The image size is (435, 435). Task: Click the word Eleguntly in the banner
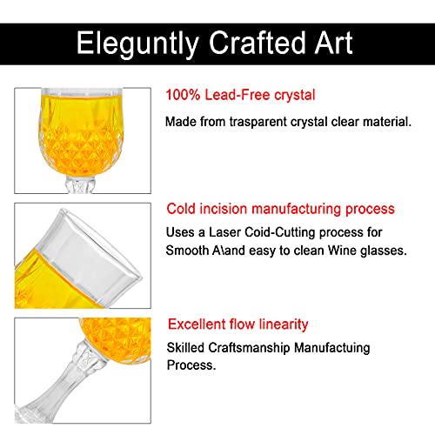[137, 43]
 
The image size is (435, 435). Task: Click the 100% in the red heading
[183, 95]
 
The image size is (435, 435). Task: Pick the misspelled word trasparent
[258, 122]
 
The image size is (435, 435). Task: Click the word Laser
[224, 232]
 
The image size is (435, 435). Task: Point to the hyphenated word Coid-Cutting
[280, 232]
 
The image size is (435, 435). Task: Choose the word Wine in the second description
[342, 251]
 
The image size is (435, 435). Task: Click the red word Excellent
[197, 324]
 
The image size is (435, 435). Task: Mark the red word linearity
[284, 325]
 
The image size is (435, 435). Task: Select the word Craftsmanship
[249, 348]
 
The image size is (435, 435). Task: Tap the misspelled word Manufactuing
[332, 348]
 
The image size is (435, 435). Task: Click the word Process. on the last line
[191, 365]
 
